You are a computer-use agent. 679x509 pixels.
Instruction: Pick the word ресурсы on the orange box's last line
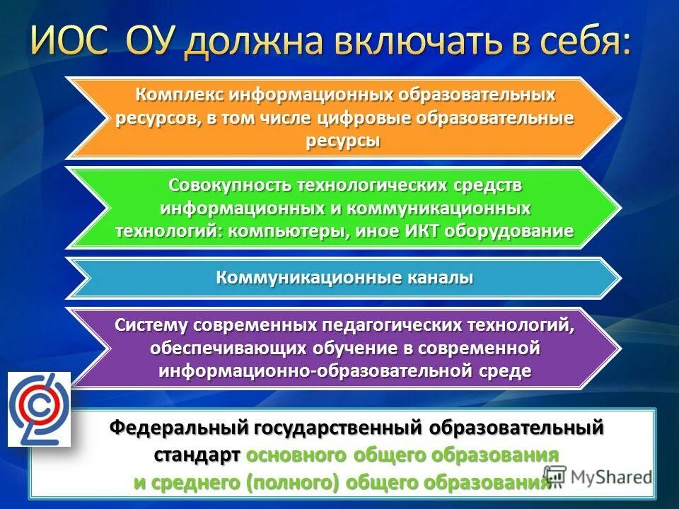tap(344, 141)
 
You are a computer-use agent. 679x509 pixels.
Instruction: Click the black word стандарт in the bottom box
tap(197, 455)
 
